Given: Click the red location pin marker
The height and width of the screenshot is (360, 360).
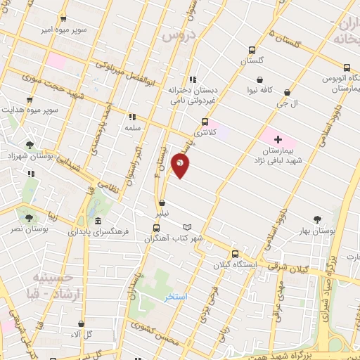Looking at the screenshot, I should [x=181, y=165].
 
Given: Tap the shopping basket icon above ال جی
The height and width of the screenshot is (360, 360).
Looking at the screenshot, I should [x=287, y=92].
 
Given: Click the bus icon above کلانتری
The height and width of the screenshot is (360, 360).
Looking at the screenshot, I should [x=205, y=122].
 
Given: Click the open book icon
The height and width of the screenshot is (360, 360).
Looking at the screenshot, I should [x=186, y=226].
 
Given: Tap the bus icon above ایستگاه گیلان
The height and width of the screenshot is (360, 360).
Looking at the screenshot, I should [x=235, y=254].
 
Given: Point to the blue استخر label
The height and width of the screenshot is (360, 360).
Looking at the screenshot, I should [x=176, y=297].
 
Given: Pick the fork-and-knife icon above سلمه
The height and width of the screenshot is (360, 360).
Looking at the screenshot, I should [x=131, y=117].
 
